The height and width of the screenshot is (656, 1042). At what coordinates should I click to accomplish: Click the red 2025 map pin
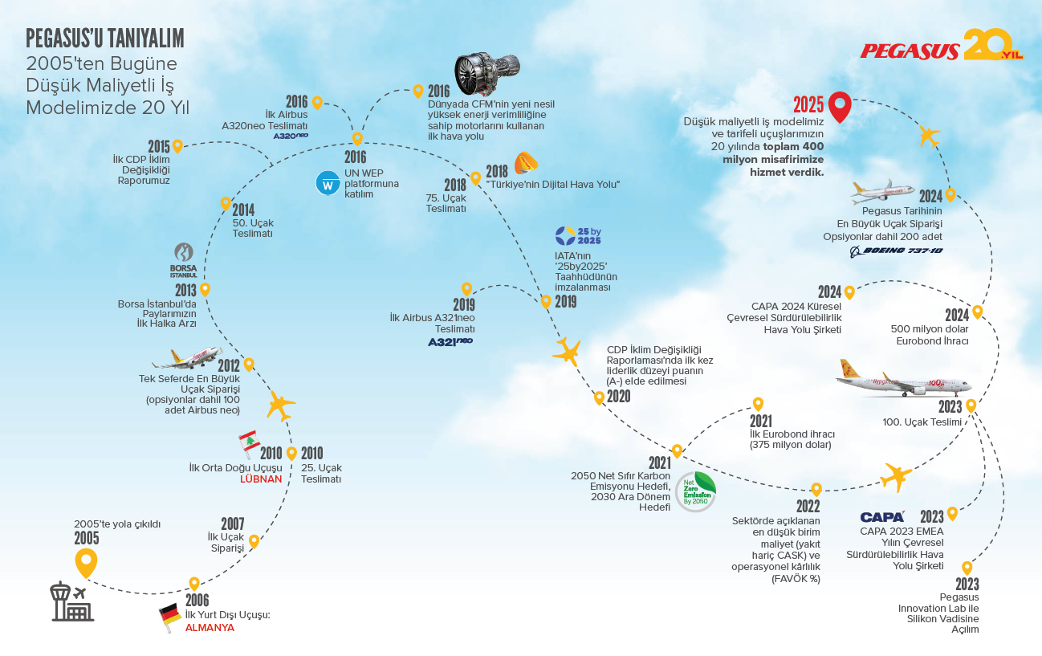pyautogui.click(x=840, y=107)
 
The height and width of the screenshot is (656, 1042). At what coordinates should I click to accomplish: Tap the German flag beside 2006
pyautogui.click(x=170, y=617)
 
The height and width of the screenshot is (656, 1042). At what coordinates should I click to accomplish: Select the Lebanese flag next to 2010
pyautogui.click(x=249, y=443)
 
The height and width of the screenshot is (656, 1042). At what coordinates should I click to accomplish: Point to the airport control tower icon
pyautogui.click(x=72, y=601)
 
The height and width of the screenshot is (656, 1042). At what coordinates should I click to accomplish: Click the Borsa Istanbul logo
pyautogui.click(x=183, y=260)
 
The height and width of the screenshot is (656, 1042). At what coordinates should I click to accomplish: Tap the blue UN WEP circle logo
pyautogui.click(x=328, y=183)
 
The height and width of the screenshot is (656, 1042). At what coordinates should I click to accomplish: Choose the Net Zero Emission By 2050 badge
pyautogui.click(x=696, y=492)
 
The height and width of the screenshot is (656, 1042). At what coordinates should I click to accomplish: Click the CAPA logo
pyautogui.click(x=882, y=517)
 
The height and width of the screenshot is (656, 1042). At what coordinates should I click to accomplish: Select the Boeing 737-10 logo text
pyautogui.click(x=897, y=251)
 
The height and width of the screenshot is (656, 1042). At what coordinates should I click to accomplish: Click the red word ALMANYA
pyautogui.click(x=210, y=628)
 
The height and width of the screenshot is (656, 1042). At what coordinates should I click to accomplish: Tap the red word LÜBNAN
pyautogui.click(x=261, y=479)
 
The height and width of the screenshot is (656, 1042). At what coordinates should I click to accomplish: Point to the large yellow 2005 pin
pyautogui.click(x=86, y=562)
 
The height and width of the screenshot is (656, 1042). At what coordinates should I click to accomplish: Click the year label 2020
pyautogui.click(x=619, y=397)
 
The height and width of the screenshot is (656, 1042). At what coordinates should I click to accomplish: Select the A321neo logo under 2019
pyautogui.click(x=450, y=342)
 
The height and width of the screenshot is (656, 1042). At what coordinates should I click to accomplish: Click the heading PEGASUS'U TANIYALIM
pyautogui.click(x=105, y=39)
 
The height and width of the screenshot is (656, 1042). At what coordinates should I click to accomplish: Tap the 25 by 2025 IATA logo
pyautogui.click(x=578, y=236)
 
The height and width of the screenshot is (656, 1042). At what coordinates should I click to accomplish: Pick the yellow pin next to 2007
pyautogui.click(x=254, y=541)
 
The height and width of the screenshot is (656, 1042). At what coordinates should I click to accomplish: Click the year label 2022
pyautogui.click(x=808, y=506)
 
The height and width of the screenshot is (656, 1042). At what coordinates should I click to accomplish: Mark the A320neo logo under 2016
pyautogui.click(x=291, y=136)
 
